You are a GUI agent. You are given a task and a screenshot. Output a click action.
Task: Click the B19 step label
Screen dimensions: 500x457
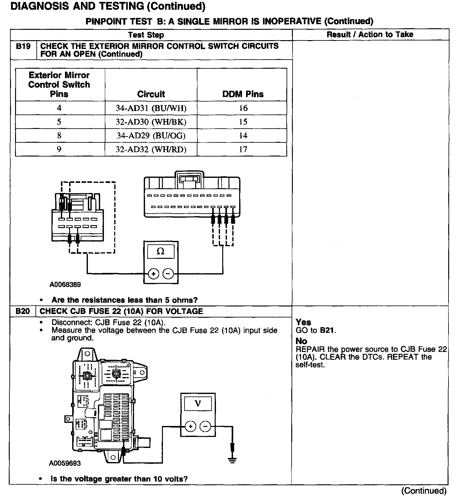click(x=23, y=46)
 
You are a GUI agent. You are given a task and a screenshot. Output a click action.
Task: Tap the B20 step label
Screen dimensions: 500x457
click(x=23, y=311)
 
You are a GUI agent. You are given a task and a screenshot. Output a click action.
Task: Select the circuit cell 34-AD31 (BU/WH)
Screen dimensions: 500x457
click(x=151, y=108)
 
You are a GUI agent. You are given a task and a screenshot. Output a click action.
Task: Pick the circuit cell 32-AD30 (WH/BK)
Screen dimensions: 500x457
click(x=151, y=122)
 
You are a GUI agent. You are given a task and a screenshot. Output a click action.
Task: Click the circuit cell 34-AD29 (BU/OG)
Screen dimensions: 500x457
click(x=151, y=136)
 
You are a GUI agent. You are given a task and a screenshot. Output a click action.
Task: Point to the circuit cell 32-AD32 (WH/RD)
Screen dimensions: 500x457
click(x=151, y=150)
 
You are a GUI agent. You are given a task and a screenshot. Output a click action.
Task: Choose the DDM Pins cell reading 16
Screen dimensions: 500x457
click(x=243, y=108)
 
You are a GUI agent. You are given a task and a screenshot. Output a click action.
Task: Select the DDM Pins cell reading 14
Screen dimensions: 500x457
click(x=243, y=136)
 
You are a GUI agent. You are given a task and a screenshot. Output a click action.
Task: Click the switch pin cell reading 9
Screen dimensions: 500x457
click(x=59, y=150)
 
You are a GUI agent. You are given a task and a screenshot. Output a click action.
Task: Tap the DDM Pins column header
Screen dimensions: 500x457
click(x=243, y=94)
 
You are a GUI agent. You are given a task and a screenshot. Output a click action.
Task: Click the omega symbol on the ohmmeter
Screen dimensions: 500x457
click(x=160, y=252)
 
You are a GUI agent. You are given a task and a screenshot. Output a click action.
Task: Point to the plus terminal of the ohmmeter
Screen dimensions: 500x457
click(x=153, y=274)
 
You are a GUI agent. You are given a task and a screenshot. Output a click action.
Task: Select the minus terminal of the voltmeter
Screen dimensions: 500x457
click(x=205, y=427)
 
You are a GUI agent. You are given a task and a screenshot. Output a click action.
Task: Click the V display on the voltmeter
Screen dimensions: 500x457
click(x=198, y=403)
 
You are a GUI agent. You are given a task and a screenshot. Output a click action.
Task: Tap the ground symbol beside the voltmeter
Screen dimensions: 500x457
click(x=232, y=460)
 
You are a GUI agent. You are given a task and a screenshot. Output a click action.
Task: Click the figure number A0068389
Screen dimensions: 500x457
click(x=65, y=285)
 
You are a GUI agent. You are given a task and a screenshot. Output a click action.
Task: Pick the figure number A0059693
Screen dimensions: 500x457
click(x=65, y=463)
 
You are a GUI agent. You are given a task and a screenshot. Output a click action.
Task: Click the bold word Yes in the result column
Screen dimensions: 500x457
click(x=303, y=322)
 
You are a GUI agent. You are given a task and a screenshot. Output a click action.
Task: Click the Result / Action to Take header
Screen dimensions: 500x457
click(x=370, y=35)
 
